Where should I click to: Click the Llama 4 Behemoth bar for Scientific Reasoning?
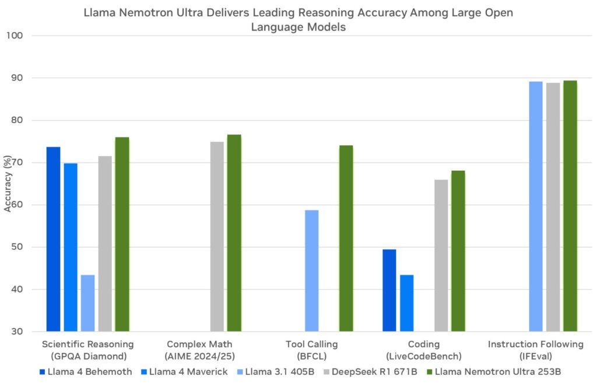[53, 239]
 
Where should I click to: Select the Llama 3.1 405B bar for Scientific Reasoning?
[87, 303]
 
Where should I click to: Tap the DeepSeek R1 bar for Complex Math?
[217, 237]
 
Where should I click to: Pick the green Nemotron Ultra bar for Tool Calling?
[346, 238]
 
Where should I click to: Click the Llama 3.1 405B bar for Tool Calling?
[312, 270]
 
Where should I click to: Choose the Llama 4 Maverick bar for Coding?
[406, 303]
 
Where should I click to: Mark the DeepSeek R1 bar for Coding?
[441, 255]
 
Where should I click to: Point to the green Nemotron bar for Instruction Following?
[570, 206]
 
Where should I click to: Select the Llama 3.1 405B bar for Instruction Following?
[536, 206]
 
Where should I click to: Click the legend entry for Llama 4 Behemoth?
[86, 372]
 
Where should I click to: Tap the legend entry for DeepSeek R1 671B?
[370, 372]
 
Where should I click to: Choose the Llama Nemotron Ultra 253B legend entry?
[494, 372]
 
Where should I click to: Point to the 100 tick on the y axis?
[15, 36]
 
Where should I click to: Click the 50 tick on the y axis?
[16, 247]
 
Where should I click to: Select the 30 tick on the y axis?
[16, 332]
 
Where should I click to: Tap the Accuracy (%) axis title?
[8, 184]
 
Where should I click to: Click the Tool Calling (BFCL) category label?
[312, 350]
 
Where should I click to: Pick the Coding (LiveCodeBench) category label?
[424, 350]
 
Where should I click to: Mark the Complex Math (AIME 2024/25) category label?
[199, 350]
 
